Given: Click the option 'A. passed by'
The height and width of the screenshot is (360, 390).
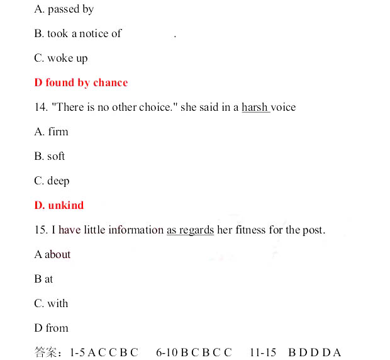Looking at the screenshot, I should [x=64, y=9].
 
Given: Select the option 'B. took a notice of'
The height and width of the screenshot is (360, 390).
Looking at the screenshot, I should [x=77, y=34].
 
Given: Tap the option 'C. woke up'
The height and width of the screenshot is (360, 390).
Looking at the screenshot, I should [x=61, y=59].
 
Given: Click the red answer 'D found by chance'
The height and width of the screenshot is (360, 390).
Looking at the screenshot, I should [x=81, y=83].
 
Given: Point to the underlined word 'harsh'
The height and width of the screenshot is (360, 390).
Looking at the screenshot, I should [x=255, y=108].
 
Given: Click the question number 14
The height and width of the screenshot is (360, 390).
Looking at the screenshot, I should [x=41, y=108].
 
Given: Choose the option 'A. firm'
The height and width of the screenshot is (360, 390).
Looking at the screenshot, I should [x=51, y=132].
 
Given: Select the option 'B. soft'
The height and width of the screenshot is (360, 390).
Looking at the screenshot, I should [x=50, y=157].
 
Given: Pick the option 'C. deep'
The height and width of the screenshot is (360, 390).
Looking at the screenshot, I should [x=52, y=181].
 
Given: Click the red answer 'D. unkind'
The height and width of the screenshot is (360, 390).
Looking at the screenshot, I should [x=58, y=206].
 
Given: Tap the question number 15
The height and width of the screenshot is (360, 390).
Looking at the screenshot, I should [x=41, y=230].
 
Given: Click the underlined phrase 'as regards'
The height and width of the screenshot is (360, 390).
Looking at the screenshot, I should [x=190, y=230].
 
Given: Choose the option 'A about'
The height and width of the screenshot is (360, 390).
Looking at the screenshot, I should [x=52, y=255].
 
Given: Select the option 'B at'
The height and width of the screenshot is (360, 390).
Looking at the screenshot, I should [x=43, y=279].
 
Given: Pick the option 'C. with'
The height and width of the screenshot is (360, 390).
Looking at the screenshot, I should [x=51, y=304].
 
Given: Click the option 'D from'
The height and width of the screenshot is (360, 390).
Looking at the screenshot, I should [x=51, y=329].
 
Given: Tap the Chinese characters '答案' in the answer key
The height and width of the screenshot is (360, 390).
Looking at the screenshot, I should [x=47, y=352].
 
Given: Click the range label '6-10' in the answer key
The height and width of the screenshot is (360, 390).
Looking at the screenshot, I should [x=167, y=352].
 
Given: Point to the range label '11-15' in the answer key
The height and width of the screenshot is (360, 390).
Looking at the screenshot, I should [x=263, y=352].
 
